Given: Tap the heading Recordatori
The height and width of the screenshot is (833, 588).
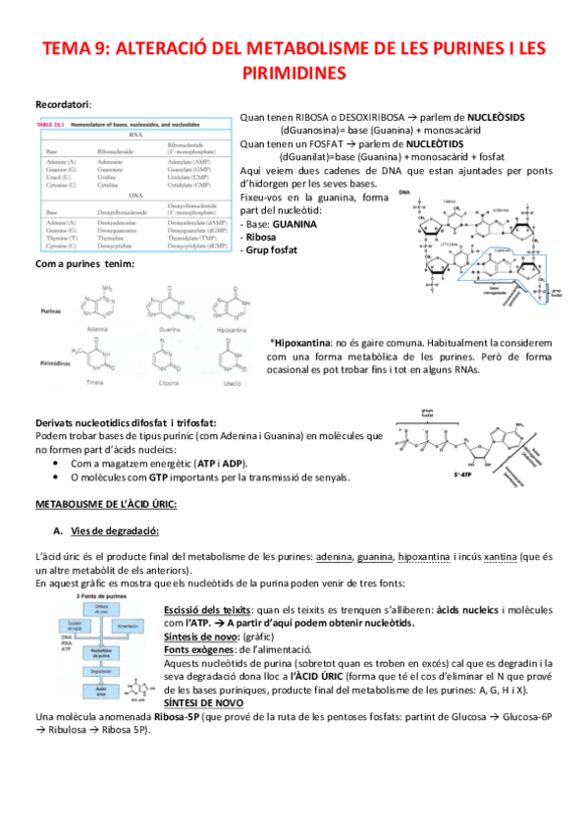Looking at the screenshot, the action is pyautogui.click(x=63, y=103).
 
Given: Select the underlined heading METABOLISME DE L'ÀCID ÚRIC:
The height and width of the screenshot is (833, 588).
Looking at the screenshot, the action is pyautogui.click(x=105, y=505).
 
